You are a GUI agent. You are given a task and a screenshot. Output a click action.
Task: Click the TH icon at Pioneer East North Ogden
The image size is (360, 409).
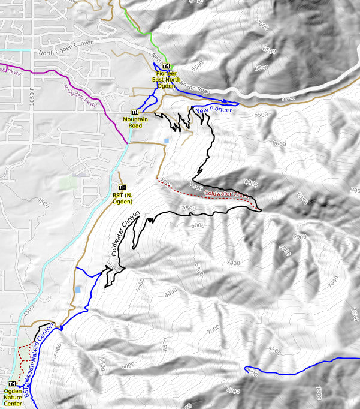click(x=166, y=66)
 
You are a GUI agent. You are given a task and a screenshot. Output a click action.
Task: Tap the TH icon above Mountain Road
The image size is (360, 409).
click(x=135, y=112)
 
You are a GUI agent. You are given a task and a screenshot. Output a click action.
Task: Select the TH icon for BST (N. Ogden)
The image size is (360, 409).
click(x=122, y=187)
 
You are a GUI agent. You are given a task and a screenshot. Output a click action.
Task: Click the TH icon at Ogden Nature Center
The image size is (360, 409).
click(x=12, y=383)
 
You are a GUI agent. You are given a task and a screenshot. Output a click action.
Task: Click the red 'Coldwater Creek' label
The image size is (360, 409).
click(x=226, y=194)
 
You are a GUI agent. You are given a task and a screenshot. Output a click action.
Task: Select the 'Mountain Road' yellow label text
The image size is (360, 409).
click(x=135, y=122)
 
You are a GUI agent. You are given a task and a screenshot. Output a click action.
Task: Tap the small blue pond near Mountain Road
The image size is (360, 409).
click(x=166, y=140)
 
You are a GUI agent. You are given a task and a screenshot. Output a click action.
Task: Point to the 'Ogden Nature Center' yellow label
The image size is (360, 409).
click(x=13, y=397)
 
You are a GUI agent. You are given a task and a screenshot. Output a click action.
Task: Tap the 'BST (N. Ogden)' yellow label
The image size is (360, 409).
click(x=122, y=198)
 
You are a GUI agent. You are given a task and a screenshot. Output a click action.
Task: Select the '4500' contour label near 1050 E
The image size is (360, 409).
click(x=44, y=203)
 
